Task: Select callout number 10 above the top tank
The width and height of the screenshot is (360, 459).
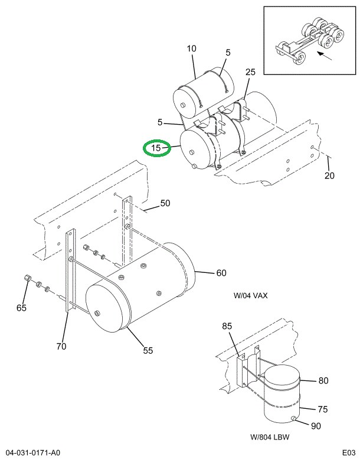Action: (x=191, y=48)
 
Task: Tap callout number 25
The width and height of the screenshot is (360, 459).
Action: (x=250, y=72)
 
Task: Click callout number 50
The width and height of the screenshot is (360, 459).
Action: (x=165, y=203)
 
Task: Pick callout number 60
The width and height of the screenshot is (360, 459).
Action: (x=221, y=273)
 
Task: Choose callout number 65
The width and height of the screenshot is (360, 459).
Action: (x=21, y=308)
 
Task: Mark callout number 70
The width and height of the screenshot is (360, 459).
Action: (x=61, y=347)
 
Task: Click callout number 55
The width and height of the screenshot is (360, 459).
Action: (x=148, y=350)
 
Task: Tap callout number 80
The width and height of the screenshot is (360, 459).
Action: (x=323, y=381)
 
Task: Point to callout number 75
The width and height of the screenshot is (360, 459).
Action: (x=323, y=409)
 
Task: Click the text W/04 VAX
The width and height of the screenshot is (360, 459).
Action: (x=250, y=296)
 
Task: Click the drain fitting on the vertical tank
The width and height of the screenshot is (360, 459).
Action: (x=293, y=420)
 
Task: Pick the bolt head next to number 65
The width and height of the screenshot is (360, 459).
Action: (x=27, y=278)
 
